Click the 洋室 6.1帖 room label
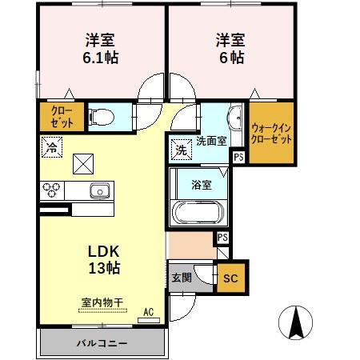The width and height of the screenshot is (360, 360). coord(101,47)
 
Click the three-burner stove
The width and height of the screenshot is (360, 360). coord(53,190)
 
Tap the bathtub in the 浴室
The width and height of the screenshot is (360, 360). coord(197,214)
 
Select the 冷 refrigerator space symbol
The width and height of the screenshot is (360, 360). coord(51,146)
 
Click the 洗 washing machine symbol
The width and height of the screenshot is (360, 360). coord(180,149)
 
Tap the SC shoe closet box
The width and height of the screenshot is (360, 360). coord(230,278)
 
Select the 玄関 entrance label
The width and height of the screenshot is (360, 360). coord(182,278)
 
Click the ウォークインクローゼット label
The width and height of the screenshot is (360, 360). coord(271,132)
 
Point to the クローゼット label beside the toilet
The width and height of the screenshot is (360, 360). coord(61,117)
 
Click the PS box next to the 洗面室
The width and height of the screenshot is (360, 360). coord(238,158)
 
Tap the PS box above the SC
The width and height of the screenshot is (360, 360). coord(222,238)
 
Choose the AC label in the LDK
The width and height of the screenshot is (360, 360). coord(148,311)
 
